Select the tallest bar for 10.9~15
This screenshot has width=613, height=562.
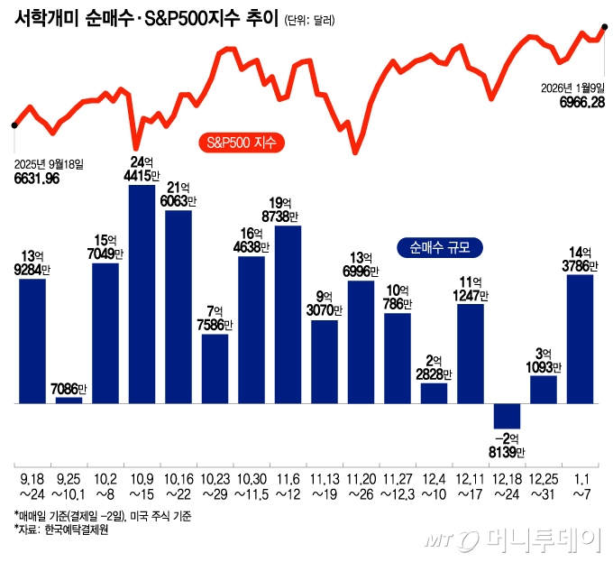click(142, 293)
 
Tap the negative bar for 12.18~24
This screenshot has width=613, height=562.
click(507, 415)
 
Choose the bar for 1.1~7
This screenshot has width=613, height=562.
click(580, 338)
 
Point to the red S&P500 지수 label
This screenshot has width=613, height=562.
click(241, 143)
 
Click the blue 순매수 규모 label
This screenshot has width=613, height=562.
click(440, 246)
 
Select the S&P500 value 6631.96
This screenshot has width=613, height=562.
click(37, 179)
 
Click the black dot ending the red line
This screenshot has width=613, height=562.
click(605, 27)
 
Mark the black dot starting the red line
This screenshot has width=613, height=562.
click(13, 125)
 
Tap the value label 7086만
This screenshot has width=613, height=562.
click(69, 389)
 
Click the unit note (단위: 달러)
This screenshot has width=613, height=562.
click(308, 21)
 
